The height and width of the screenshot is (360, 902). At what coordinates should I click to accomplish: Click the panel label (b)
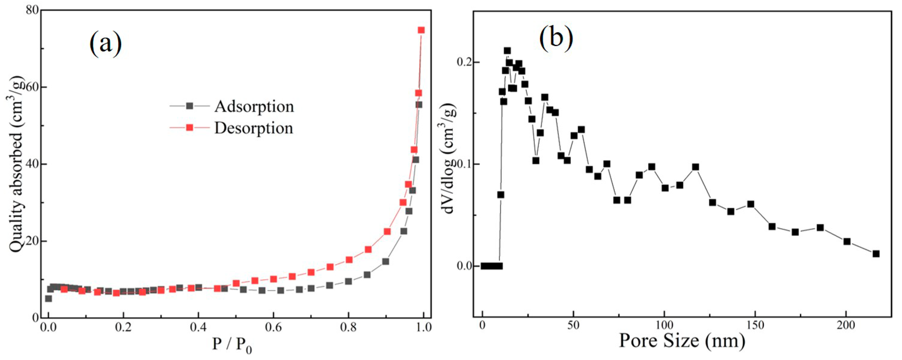(x=556, y=38)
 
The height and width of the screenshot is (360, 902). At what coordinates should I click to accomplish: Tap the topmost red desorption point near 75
(x=421, y=30)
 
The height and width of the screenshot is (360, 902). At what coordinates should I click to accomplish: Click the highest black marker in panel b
(x=507, y=51)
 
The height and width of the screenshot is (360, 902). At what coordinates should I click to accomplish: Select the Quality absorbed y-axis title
(x=18, y=164)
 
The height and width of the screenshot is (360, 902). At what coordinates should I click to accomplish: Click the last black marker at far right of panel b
(x=876, y=254)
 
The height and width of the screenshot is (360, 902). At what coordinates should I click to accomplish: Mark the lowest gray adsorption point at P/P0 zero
(x=48, y=299)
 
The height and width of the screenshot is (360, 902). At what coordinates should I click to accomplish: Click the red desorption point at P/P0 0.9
(x=387, y=232)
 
